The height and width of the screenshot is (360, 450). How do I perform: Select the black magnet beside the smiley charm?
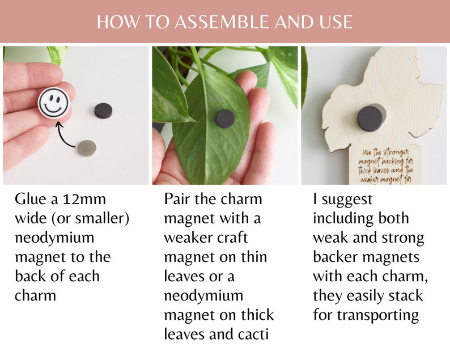tap(103, 110)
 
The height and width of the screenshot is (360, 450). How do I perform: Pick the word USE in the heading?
tap(335, 22)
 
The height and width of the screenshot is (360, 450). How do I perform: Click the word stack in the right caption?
tap(405, 295)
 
